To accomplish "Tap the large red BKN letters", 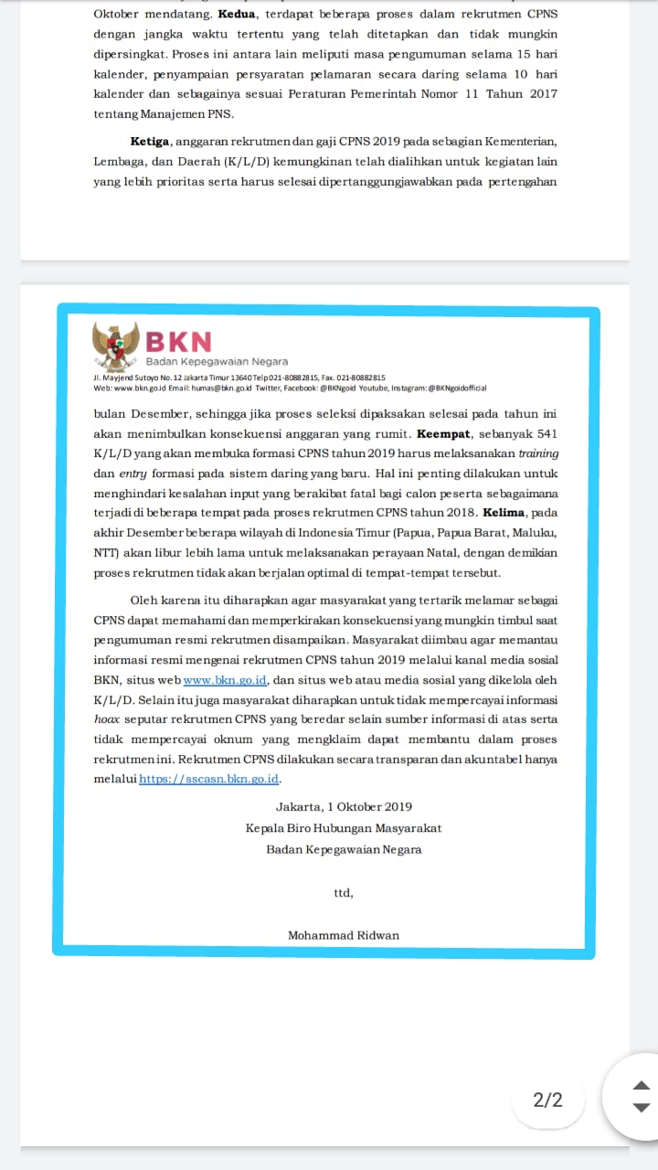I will coord(178,341).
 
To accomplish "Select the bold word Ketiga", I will coord(149,141).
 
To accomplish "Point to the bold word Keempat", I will coord(443,433).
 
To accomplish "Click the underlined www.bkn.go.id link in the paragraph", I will coord(225,681).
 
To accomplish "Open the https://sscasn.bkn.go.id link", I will coord(209,780).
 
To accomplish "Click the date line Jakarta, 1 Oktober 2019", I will coord(344,807).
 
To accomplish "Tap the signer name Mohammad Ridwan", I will coord(344,935).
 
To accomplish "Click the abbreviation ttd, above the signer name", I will coord(343,893).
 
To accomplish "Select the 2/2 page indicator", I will coord(547,1100).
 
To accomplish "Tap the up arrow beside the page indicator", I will coord(642,1086).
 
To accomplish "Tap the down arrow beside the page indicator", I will coord(642,1108).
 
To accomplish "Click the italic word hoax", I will coord(108,720).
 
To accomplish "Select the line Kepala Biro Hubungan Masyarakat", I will coord(344,828).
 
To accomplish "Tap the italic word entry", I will coord(133,473).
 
